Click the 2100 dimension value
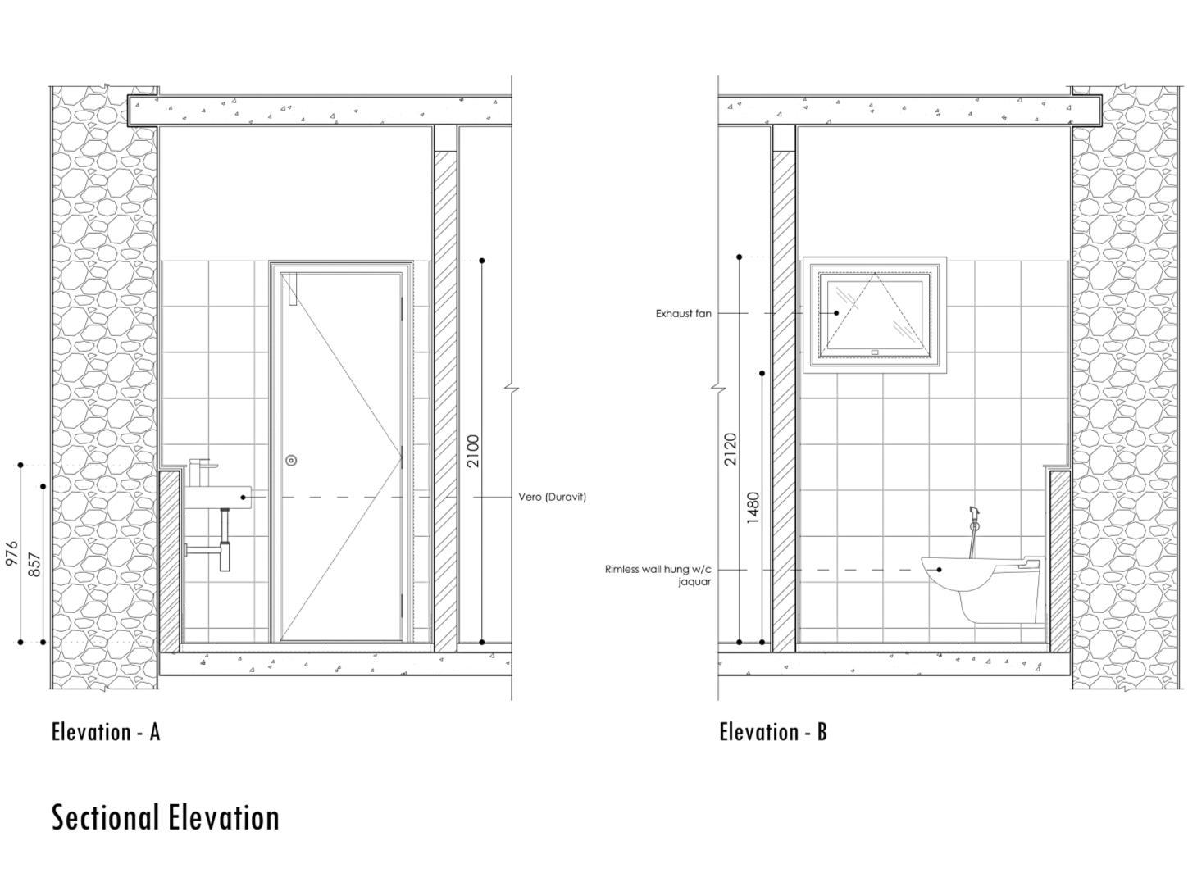[473, 451]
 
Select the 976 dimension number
[11, 554]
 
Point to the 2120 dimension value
[731, 449]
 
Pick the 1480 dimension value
[753, 507]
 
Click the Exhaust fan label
[683, 313]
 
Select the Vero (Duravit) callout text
[552, 497]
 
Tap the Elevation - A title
[106, 731]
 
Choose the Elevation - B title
[773, 731]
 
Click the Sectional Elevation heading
[166, 817]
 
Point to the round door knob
[291, 461]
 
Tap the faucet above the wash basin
[201, 471]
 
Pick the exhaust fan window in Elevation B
[875, 316]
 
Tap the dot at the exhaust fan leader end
[836, 313]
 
